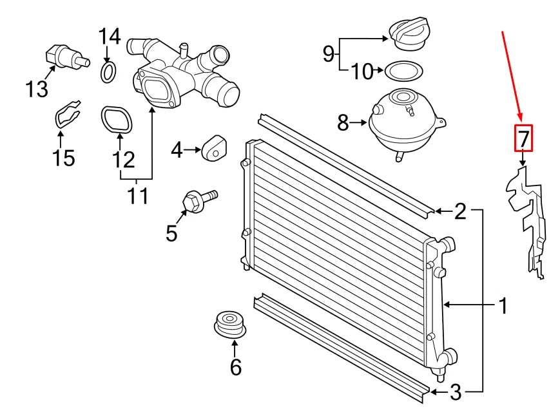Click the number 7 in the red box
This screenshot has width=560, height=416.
pos(523,138)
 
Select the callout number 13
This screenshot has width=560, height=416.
pos(37,89)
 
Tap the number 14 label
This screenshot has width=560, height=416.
pos(110,37)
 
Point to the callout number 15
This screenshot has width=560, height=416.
pos(64,158)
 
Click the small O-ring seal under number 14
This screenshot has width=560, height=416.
pos(108,71)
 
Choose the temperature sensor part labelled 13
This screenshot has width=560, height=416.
pos(67,57)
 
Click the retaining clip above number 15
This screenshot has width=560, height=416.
pos(67,113)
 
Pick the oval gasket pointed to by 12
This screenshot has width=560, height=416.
pos(117,120)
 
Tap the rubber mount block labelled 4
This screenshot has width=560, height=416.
pos(215,147)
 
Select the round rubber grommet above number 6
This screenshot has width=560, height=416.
pos(230,324)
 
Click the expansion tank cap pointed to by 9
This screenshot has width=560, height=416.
pos(407,35)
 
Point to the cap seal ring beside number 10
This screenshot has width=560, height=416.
pos(404,71)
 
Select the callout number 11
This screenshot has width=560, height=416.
pos(137,196)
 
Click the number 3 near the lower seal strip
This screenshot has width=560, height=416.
pos(456,392)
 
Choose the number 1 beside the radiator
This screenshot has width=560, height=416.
pos(503,306)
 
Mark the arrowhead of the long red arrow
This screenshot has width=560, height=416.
pos(521,120)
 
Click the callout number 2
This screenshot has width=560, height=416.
pos(460,211)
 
